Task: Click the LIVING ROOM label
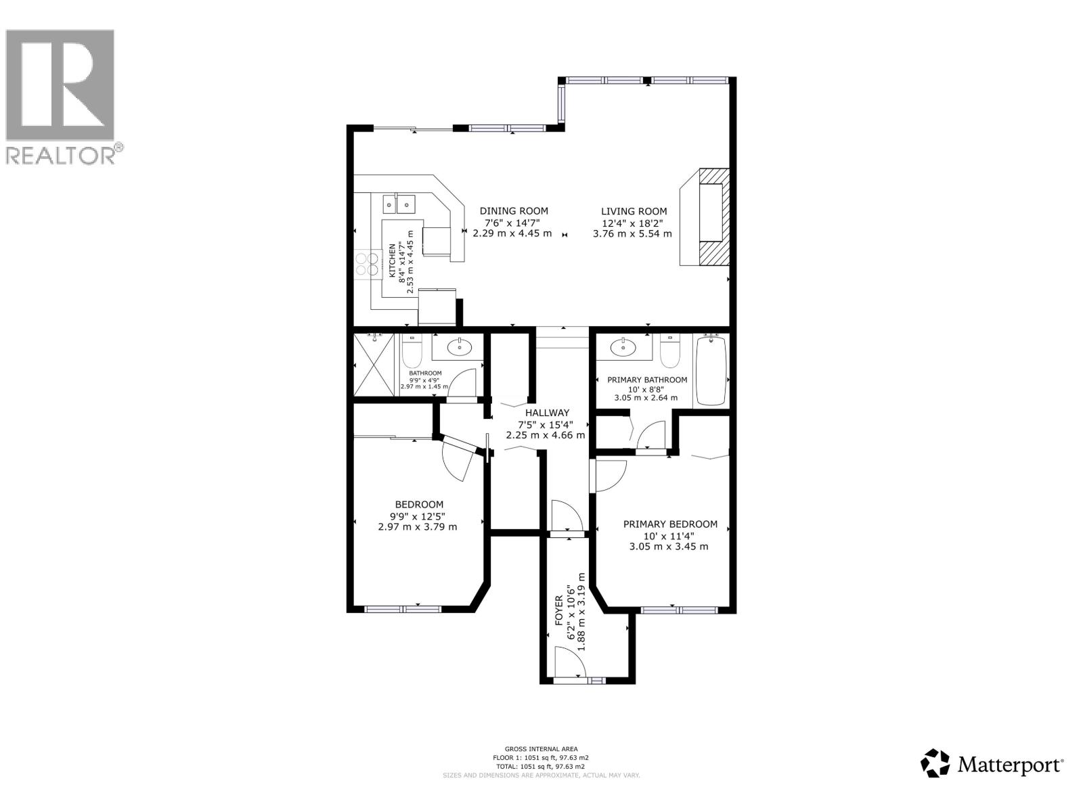click(634, 211)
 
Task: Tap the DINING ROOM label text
click(514, 211)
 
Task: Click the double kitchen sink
click(399, 202)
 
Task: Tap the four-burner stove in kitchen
click(366, 264)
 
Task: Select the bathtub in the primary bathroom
click(711, 371)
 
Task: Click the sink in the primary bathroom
click(623, 348)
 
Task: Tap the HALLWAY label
click(547, 413)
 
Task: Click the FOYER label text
click(559, 609)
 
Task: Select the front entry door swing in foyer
click(569, 661)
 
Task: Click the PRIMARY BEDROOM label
click(670, 524)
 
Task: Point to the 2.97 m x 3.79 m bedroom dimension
click(417, 526)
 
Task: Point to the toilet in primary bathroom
click(669, 352)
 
